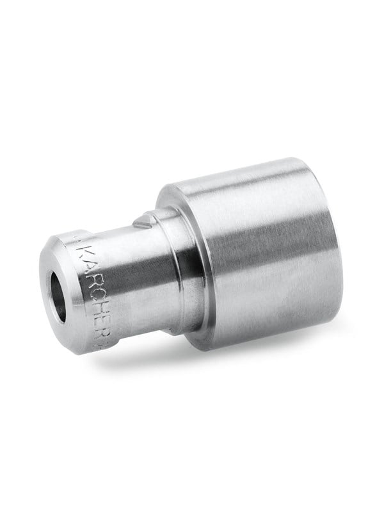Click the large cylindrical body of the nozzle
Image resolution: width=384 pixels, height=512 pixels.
pyautogui.click(x=256, y=256)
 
